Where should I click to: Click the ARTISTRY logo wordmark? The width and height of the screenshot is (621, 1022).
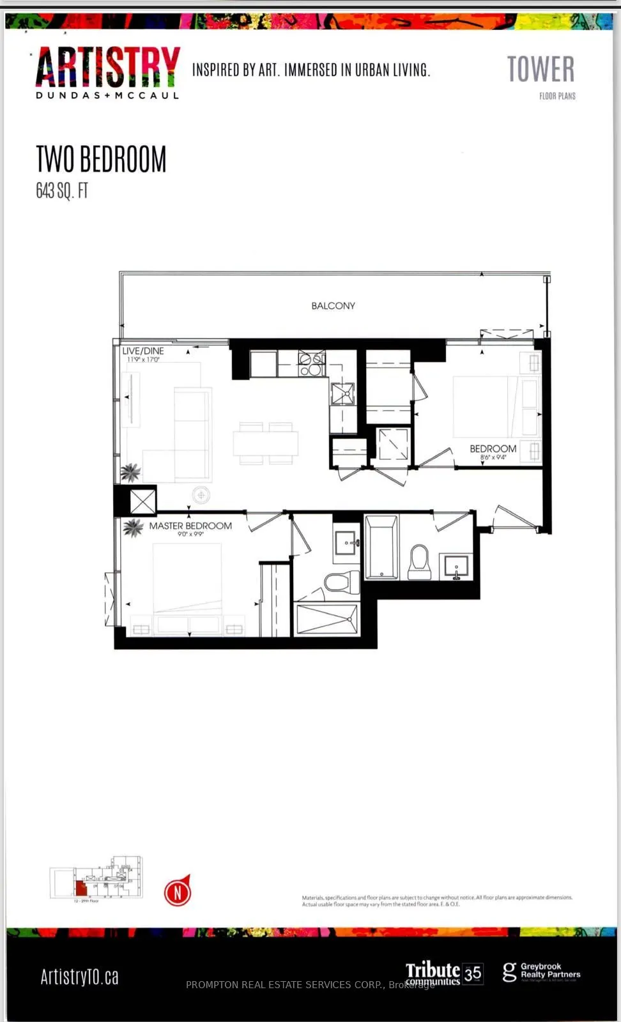point(107,67)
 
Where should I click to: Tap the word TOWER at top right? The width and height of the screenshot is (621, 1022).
point(540,69)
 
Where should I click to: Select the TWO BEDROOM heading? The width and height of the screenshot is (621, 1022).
point(101,159)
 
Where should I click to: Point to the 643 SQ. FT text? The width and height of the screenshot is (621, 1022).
point(62,190)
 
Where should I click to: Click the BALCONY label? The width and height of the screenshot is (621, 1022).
point(333,306)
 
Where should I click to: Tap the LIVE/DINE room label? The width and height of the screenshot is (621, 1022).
point(143,351)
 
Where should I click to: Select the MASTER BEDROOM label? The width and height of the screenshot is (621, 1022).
point(190,526)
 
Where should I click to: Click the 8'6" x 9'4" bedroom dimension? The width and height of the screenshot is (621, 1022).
point(493,457)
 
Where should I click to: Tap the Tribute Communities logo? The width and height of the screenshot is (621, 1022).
point(444,973)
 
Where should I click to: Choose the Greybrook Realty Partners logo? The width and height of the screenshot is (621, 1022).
point(542,972)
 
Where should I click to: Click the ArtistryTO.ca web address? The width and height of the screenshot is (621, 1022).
point(80,977)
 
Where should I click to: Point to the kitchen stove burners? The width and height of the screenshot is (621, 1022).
point(311,365)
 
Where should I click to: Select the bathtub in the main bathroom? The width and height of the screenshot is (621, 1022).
point(381,548)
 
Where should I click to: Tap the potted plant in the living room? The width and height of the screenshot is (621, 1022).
point(130,473)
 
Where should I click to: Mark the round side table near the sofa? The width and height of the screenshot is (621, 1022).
point(201,494)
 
